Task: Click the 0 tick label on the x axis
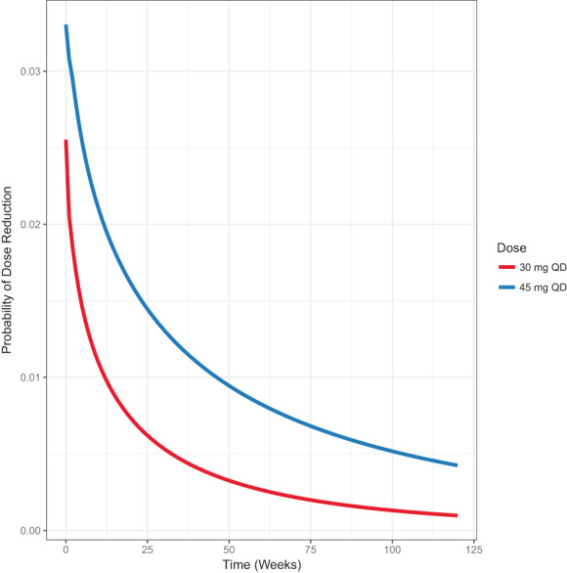pos(65,549)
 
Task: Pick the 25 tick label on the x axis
pos(147,549)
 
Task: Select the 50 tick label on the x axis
pos(229,549)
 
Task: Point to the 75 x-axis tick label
pos(310,549)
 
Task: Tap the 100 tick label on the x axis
pos(391,549)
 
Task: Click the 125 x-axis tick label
pos(473,549)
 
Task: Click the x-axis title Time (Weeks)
pos(261,564)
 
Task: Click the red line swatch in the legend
pos(506,266)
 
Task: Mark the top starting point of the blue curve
pos(65,26)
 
